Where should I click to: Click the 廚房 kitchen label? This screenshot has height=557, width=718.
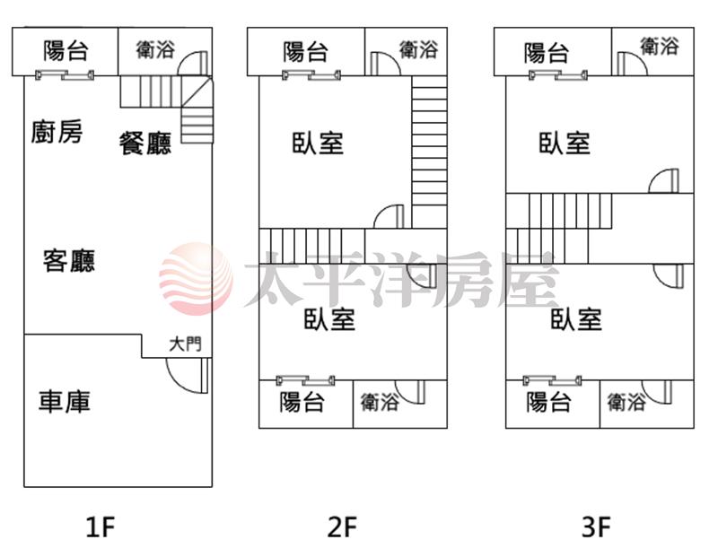(57, 133)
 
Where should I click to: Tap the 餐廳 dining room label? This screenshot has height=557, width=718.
(145, 144)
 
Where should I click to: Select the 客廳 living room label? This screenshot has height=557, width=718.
(69, 262)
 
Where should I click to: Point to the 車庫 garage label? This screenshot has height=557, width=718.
(65, 401)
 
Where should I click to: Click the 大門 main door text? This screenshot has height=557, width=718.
(186, 344)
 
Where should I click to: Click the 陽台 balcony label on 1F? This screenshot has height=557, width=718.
(66, 50)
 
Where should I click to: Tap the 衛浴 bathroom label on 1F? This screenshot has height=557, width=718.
(155, 50)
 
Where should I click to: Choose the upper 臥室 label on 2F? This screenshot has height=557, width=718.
(318, 144)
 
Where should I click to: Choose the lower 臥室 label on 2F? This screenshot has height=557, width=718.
(329, 318)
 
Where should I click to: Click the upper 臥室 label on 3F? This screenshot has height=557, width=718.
(565, 144)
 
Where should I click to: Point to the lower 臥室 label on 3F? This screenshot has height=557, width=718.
(576, 318)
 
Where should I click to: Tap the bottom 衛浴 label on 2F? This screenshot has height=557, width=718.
(380, 403)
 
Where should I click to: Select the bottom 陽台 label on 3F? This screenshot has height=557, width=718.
(549, 403)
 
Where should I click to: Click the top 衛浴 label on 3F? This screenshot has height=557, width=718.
(660, 46)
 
